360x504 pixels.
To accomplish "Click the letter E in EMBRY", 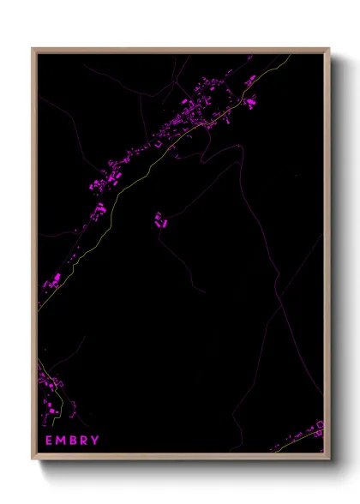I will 50,441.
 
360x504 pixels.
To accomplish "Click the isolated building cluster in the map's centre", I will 160,221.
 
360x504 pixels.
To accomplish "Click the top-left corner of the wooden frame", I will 33,49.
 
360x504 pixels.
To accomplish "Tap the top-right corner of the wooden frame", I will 329,49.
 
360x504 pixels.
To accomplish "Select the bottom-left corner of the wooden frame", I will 33,459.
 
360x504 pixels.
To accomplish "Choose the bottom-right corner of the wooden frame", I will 329,459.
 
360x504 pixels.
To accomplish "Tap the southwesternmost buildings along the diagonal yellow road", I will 53,279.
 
